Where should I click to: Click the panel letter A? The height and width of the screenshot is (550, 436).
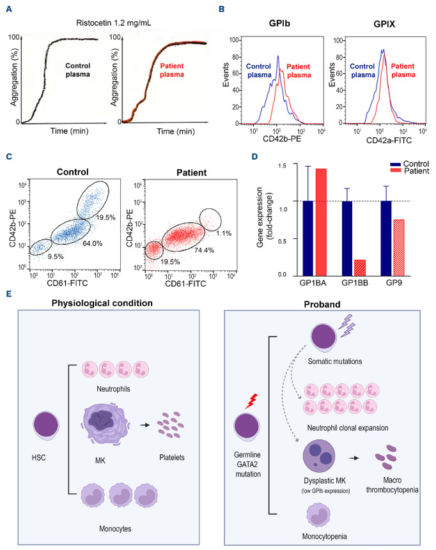pyautogui.click(x=8, y=9)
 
